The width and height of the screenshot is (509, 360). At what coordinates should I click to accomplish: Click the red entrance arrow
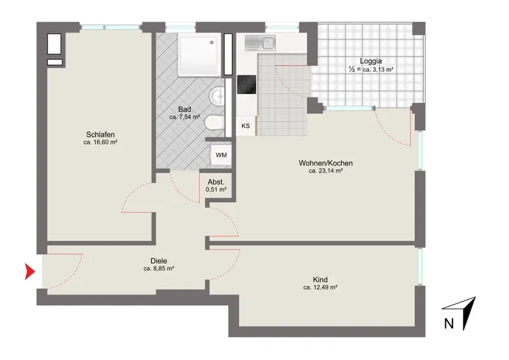(29, 272)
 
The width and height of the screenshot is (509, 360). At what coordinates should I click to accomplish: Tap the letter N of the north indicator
(449, 324)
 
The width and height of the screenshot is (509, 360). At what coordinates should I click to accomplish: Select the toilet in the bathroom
(214, 123)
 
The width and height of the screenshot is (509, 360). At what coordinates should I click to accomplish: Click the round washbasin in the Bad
(217, 96)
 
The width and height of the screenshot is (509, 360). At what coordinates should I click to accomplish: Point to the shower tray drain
(212, 42)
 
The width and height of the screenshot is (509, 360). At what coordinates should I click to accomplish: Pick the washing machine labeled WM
(221, 155)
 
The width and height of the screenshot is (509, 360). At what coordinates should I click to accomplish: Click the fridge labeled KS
(246, 126)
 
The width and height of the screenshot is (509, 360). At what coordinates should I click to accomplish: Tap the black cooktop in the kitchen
(246, 85)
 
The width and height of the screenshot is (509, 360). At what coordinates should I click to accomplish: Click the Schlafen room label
(101, 134)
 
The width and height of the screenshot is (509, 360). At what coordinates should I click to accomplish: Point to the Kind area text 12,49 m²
(320, 287)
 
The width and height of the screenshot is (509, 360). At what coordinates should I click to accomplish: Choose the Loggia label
(371, 60)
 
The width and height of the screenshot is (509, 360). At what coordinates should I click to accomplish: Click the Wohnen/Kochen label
(326, 163)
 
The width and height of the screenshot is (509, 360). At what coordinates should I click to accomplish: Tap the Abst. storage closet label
(216, 182)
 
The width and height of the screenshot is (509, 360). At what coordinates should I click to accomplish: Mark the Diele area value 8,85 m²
(158, 268)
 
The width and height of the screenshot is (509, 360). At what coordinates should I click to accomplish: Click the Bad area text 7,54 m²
(185, 117)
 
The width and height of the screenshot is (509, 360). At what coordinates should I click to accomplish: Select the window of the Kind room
(420, 266)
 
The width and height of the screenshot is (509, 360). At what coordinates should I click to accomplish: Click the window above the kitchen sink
(282, 26)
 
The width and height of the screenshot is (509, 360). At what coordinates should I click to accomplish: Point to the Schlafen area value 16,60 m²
(101, 142)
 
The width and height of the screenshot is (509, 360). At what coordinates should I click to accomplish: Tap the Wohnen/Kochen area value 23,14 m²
(326, 170)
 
